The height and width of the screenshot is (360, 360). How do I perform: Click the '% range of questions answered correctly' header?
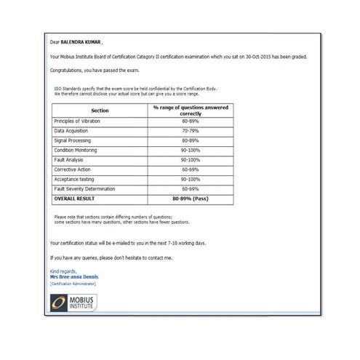click(190, 111)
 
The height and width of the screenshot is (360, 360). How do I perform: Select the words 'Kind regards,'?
click(63, 271)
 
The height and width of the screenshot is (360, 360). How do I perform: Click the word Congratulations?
click(68, 71)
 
